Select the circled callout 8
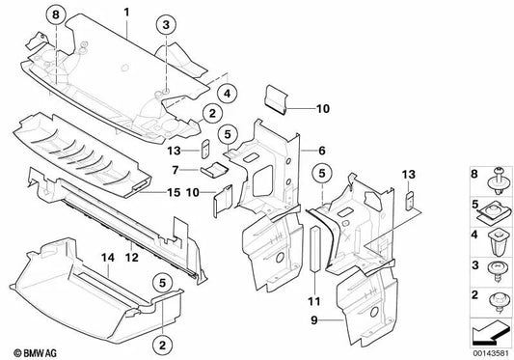(x=56, y=14)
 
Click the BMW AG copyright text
(x=30, y=346)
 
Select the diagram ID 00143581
(x=482, y=348)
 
